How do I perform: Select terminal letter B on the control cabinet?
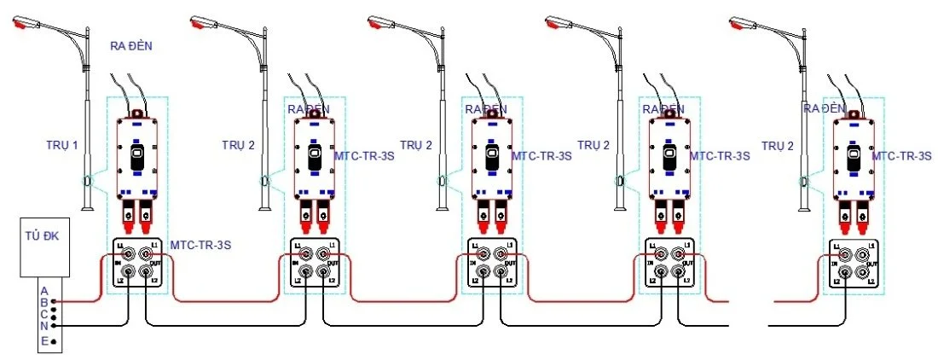pos(44,301)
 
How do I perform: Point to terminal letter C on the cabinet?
pos(44,313)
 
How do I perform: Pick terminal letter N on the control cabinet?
pos(44,325)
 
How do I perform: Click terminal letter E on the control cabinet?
pos(44,341)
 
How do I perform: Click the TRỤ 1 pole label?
pos(61,145)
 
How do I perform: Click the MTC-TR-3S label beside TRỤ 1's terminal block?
pos(201,245)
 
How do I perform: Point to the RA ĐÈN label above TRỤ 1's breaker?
pos(131,46)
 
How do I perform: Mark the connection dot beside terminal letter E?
pos(55,342)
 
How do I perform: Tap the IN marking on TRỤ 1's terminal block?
pos(119,263)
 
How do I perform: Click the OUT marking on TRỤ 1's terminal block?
pos(157,263)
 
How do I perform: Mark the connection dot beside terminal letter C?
pos(55,313)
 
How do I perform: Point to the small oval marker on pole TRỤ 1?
pos(86,181)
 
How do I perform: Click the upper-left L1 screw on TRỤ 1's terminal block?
pos(129,253)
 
